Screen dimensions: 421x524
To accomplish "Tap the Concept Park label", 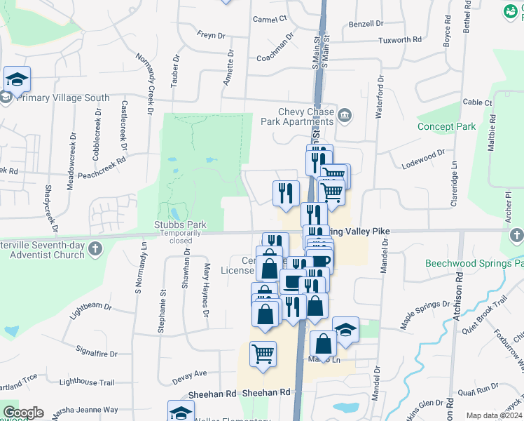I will point(446,127).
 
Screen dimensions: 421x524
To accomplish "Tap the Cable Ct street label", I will point(478,102).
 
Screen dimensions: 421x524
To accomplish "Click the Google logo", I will point(23,413).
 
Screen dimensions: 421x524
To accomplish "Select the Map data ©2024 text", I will point(494,415).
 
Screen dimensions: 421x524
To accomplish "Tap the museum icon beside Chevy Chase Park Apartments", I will point(345,115).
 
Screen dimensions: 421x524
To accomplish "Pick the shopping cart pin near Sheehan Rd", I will point(263,354).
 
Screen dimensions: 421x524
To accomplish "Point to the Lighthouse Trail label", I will point(87,382).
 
